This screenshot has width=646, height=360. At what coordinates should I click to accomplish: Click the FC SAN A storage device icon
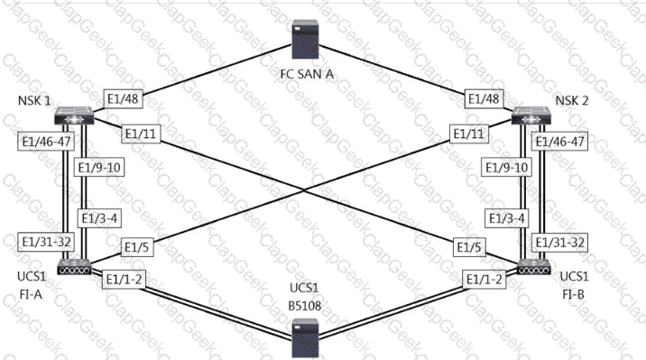click(305, 39)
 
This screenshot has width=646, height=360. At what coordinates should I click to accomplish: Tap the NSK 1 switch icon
click(74, 115)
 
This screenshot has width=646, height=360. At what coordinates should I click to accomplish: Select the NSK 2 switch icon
click(531, 115)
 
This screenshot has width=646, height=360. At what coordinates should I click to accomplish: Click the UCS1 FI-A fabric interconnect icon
click(74, 267)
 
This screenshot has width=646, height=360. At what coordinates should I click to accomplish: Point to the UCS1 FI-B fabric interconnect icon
click(534, 267)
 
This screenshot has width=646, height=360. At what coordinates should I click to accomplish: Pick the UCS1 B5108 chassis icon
click(305, 338)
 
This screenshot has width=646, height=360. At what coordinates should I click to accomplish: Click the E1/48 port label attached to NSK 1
click(124, 99)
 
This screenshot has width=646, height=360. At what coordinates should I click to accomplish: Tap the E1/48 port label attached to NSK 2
click(484, 99)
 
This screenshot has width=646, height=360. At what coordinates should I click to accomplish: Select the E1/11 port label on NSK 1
click(141, 134)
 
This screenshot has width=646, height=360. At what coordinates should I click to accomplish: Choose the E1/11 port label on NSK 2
click(469, 134)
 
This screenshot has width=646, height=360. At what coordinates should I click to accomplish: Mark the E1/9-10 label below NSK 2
click(506, 168)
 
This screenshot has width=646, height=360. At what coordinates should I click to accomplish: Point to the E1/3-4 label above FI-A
click(99, 218)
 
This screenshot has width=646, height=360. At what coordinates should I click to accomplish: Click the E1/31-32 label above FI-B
click(559, 242)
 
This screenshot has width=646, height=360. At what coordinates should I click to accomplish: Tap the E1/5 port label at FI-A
click(137, 247)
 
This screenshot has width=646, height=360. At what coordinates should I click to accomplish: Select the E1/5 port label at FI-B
click(469, 247)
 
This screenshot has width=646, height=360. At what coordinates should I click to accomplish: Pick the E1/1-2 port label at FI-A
click(124, 280)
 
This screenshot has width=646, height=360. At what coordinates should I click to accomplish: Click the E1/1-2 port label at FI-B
click(484, 280)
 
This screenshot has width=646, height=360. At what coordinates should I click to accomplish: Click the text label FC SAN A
click(307, 74)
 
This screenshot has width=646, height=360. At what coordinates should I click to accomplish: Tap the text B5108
click(304, 306)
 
